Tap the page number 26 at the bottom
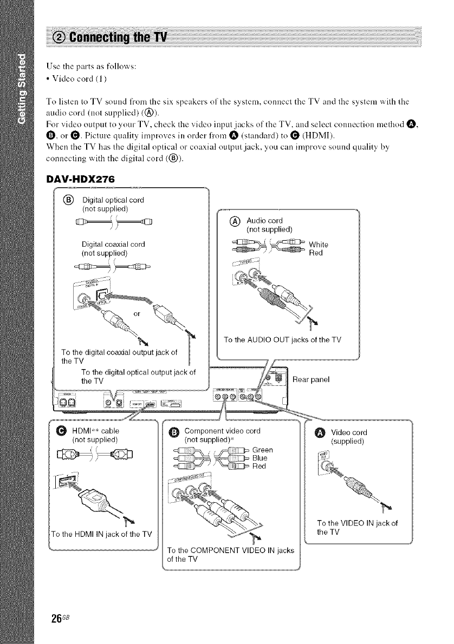55,616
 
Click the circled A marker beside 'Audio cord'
234,221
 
